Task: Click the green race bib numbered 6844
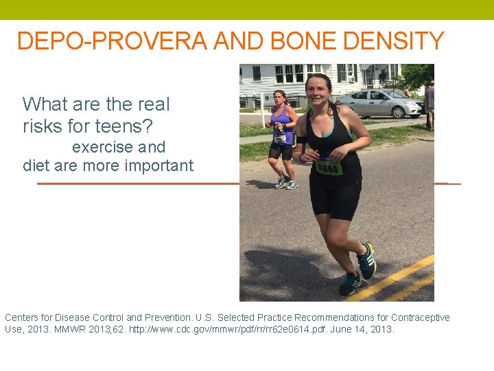(x=329, y=166)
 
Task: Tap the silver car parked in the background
(x=381, y=103)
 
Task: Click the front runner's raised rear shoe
(x=368, y=260)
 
